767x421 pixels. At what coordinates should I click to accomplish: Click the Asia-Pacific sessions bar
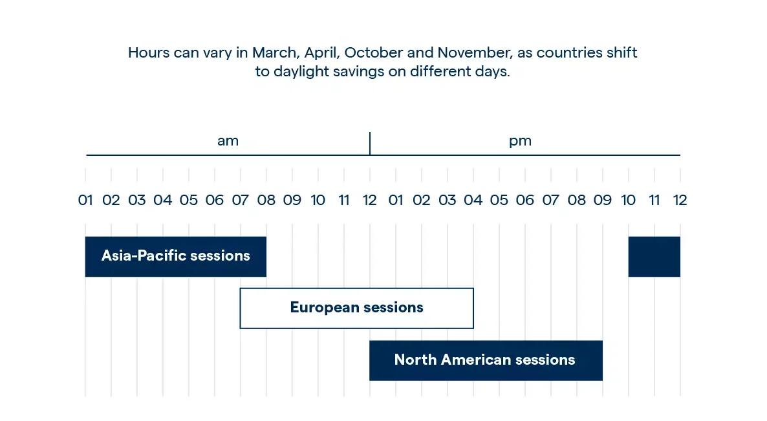[x=176, y=257]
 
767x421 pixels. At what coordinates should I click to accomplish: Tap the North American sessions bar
[x=486, y=360]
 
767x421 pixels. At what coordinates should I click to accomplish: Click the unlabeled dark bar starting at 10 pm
[x=654, y=257]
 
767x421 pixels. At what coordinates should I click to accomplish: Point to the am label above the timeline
[x=228, y=142]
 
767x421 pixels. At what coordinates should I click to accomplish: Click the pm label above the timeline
[x=520, y=142]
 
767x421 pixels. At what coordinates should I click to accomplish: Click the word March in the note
[x=275, y=53]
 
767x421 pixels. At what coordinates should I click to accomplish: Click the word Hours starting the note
[x=149, y=53]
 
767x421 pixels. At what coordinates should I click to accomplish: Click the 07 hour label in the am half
[x=240, y=200]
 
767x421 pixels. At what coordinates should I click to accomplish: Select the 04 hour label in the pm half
[x=473, y=200]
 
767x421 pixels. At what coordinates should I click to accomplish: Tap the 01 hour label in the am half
[x=85, y=200]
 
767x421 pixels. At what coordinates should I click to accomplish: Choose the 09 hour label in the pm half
[x=603, y=200]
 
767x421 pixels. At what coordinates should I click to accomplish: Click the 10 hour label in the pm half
[x=628, y=200]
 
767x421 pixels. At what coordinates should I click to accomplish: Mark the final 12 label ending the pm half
[x=680, y=200]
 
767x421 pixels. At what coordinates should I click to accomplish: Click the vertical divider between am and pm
[x=370, y=144]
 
